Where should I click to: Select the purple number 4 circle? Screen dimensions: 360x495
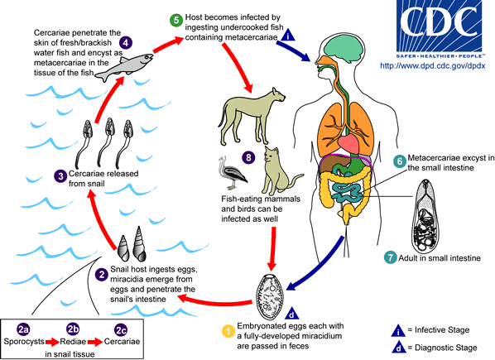point(125,42)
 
